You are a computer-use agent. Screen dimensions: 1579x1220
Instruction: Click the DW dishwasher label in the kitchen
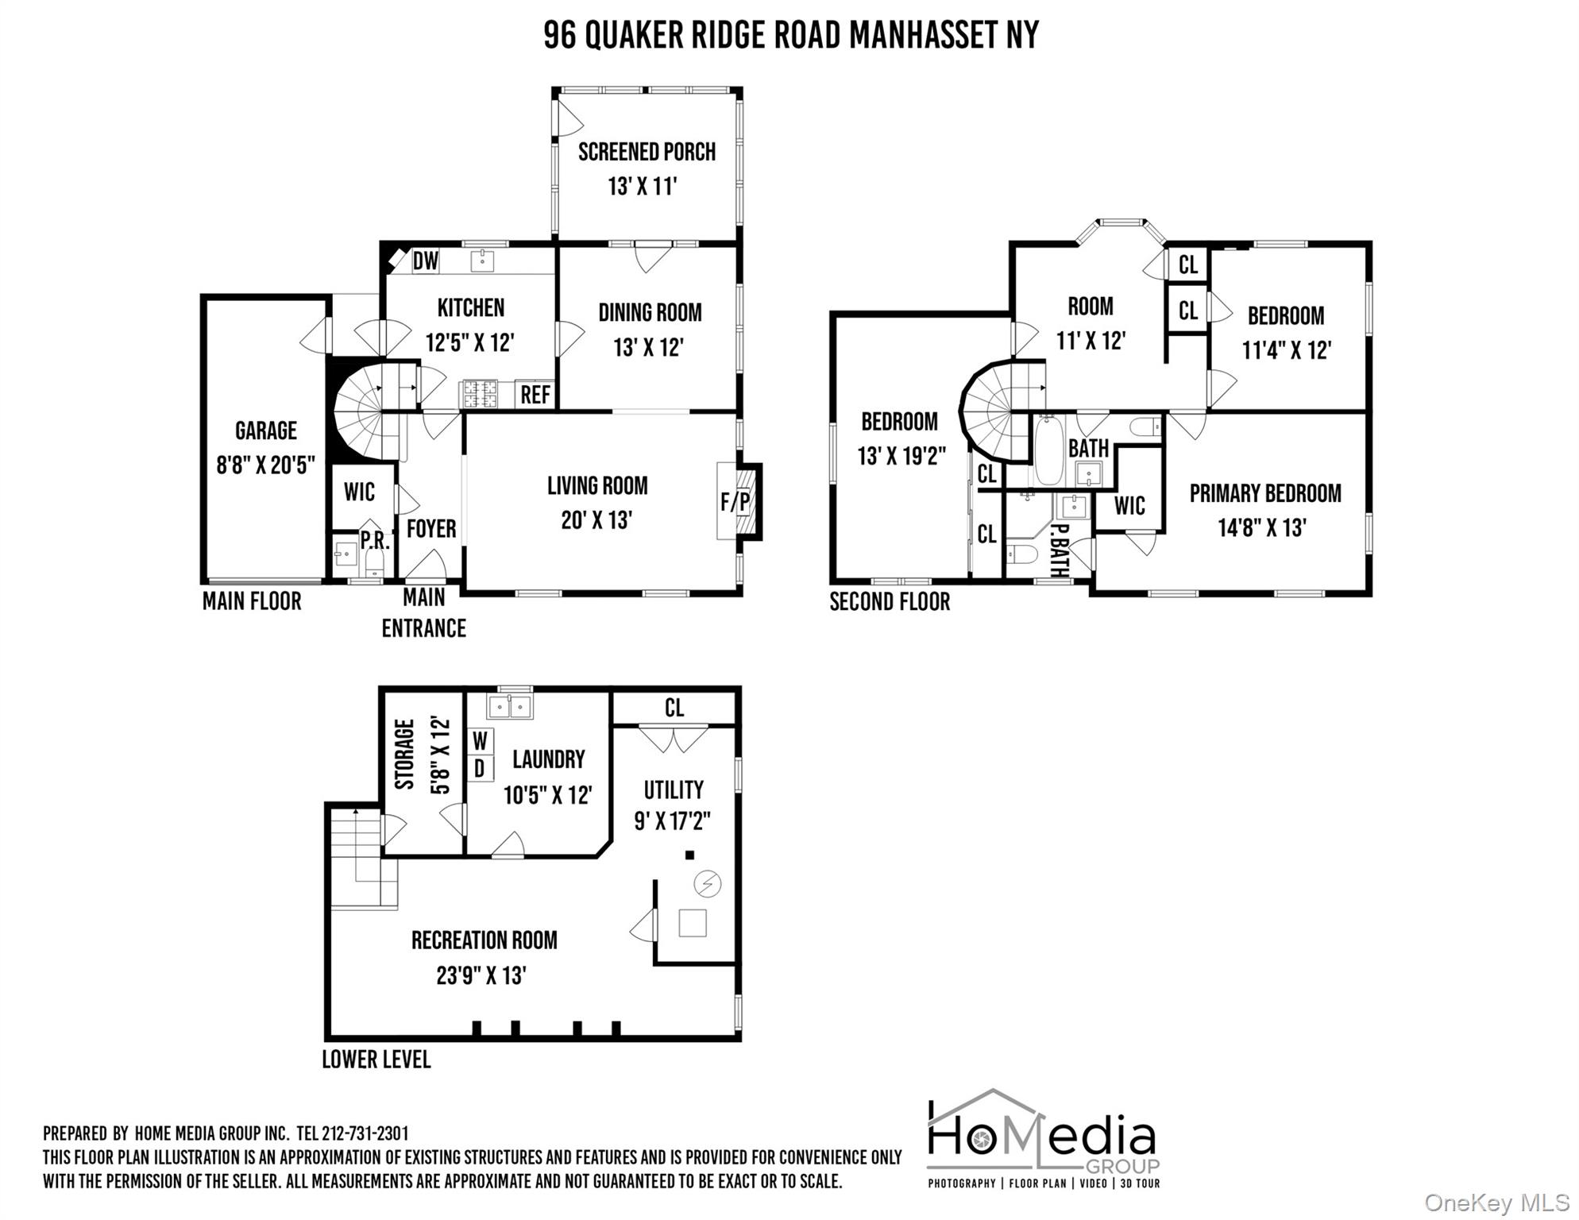coord(426,261)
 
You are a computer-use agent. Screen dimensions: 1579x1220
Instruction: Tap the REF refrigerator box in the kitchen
coord(535,395)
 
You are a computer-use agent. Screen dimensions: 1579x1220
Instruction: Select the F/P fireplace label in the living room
coord(735,502)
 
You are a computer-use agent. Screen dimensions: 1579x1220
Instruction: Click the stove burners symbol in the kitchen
coord(480,394)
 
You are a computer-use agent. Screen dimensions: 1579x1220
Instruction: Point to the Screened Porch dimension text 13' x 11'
coord(643,187)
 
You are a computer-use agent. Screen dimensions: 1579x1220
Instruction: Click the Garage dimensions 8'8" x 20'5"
coord(266,465)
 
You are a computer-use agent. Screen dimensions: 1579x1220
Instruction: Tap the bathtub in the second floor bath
coord(1048,450)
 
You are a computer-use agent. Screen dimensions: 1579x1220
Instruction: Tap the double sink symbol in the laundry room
coord(510,706)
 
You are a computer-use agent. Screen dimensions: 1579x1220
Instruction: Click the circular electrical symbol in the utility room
coord(708,883)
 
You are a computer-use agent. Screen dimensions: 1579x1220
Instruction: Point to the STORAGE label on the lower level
coord(405,754)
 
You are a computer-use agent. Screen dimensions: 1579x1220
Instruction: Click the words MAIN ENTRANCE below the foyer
coord(423,613)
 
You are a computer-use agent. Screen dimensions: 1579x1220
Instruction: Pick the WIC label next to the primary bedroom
coord(1129,506)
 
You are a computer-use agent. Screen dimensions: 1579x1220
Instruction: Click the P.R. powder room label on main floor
coord(375,540)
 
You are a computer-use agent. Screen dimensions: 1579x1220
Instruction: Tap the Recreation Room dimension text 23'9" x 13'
coord(481,975)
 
